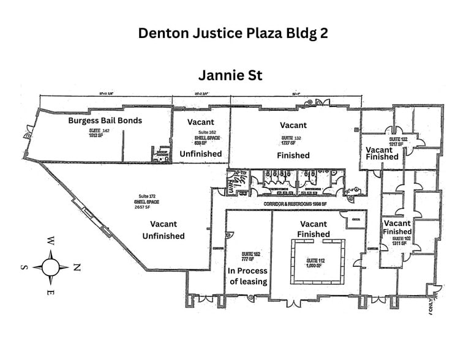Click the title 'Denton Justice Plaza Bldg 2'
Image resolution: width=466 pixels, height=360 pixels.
pos(233,33)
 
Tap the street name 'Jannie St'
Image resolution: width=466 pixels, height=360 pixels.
pos(230,75)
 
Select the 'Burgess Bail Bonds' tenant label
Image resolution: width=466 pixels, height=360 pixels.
pos(105,121)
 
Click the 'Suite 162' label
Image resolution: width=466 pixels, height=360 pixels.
pos(207,133)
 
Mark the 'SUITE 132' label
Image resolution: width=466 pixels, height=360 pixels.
pos(291,138)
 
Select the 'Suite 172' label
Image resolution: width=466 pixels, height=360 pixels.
pos(146,196)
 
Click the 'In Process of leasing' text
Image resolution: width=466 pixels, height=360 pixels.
pos(248,276)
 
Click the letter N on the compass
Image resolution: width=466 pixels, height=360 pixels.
pos(77,267)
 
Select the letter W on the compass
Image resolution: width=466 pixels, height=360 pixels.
pos(51,241)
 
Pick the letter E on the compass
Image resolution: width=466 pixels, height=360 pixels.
pos(51,293)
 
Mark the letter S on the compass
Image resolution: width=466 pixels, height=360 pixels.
pos(24,267)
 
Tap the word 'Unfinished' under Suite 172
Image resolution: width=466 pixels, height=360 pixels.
pos(163,236)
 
